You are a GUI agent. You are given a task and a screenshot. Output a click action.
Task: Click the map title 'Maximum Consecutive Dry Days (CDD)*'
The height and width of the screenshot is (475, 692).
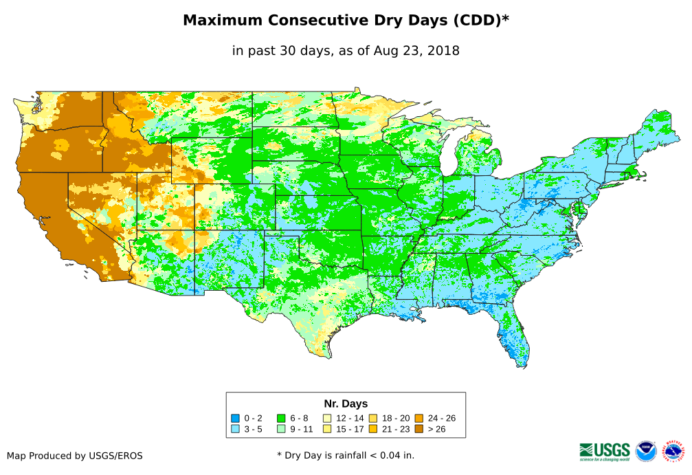[x=346, y=21]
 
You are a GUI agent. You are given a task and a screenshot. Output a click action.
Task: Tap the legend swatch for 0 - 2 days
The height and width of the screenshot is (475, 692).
[x=235, y=418]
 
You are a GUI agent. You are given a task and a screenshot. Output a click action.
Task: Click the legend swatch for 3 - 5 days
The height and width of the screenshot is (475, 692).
[x=235, y=429]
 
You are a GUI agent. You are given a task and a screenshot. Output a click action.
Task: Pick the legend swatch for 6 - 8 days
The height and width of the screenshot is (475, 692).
[x=281, y=418]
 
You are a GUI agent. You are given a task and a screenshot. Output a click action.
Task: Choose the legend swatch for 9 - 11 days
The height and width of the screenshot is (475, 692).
[x=281, y=429]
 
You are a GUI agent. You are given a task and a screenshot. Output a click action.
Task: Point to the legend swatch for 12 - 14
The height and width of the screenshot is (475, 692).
[x=327, y=418]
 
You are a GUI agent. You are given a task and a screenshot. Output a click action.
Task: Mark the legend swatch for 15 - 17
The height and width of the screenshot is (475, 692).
[x=327, y=429]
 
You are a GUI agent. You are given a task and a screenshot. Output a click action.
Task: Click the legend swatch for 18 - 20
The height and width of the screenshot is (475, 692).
[x=372, y=418]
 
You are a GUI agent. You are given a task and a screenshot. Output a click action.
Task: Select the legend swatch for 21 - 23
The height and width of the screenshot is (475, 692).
[x=372, y=429]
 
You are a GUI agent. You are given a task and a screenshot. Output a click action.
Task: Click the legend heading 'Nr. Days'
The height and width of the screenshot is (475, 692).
[x=346, y=404]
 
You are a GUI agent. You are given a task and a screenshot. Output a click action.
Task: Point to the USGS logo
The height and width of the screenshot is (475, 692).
[x=605, y=451]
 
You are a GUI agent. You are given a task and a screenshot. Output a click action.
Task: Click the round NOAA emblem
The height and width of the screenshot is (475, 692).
[x=646, y=451]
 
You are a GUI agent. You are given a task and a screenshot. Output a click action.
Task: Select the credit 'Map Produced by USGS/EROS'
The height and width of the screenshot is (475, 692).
[x=75, y=456]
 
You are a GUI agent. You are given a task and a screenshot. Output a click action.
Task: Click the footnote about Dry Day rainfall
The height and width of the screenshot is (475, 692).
[x=346, y=455]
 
